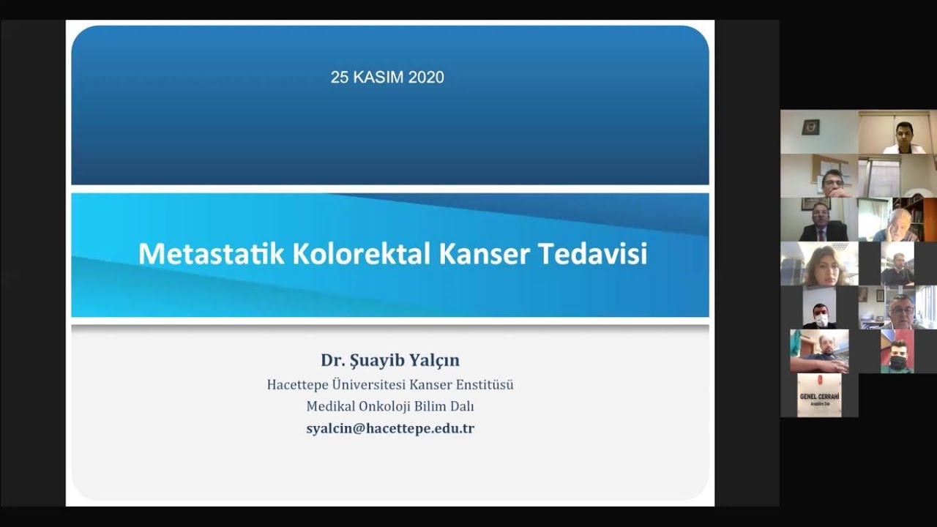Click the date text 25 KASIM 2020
tap(387, 78)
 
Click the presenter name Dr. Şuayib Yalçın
tap(390, 360)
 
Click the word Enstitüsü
tap(479, 384)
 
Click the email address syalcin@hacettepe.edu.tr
tap(390, 429)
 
